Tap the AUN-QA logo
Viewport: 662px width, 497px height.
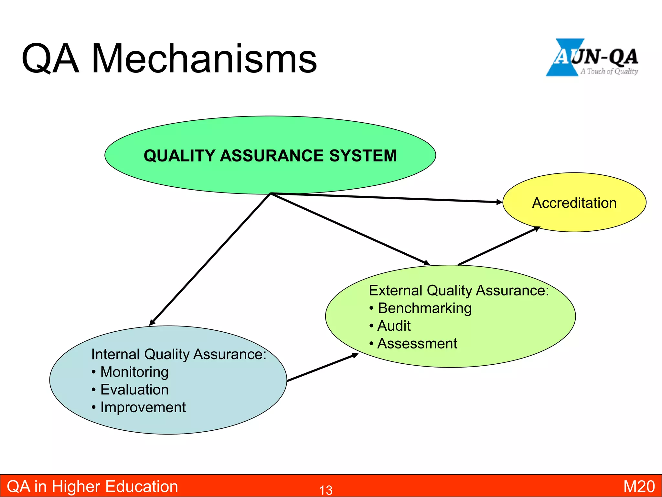[x=592, y=58]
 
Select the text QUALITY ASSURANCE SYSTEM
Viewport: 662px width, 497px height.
[x=270, y=156]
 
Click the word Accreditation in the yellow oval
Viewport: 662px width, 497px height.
[x=574, y=203]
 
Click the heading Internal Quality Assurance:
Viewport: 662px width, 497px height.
[x=178, y=354]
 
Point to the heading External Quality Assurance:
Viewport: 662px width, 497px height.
[x=459, y=290]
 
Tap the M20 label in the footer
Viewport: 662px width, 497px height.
[x=639, y=487]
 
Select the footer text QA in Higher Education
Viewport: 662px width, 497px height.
[x=92, y=487]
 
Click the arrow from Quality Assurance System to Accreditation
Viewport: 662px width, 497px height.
[x=388, y=198]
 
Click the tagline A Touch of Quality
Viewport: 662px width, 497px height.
[x=609, y=71]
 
